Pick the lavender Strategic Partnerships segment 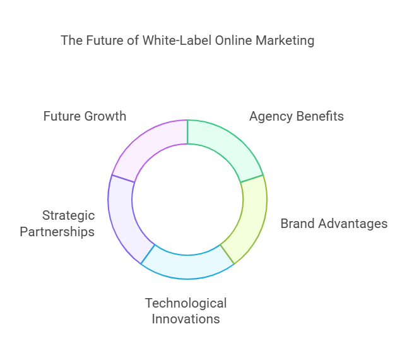pyautogui.click(x=124, y=218)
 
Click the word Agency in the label pyautogui.click(x=271, y=117)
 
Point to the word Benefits pyautogui.click(x=320, y=116)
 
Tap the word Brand pyautogui.click(x=298, y=224)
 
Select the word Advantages pyautogui.click(x=353, y=224)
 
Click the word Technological pyautogui.click(x=186, y=303)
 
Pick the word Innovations pyautogui.click(x=186, y=319)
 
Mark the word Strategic pyautogui.click(x=69, y=216)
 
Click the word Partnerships pyautogui.click(x=57, y=232)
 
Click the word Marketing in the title pyautogui.click(x=285, y=41)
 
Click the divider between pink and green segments pyautogui.click(x=187, y=132)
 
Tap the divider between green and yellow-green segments pyautogui.click(x=252, y=179)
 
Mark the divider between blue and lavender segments pyautogui.click(x=148, y=255)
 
